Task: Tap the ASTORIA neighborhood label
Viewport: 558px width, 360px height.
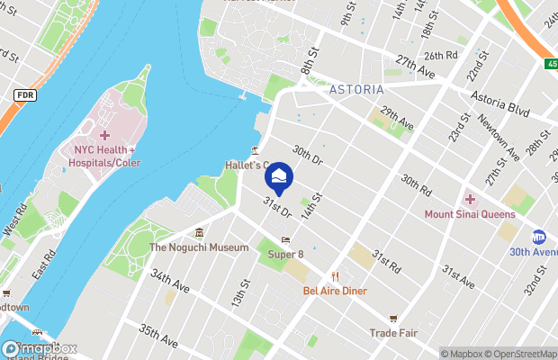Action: pyautogui.click(x=356, y=90)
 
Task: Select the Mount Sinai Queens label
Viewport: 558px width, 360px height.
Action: pyautogui.click(x=471, y=214)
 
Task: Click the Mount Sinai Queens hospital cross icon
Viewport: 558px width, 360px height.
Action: pyautogui.click(x=469, y=199)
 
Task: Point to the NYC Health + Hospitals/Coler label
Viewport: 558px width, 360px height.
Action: pyautogui.click(x=107, y=156)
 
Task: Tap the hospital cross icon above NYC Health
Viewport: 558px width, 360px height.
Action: pyautogui.click(x=104, y=134)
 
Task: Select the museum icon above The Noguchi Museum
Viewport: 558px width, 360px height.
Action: pyautogui.click(x=200, y=233)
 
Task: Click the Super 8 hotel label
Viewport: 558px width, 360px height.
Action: pyautogui.click(x=286, y=255)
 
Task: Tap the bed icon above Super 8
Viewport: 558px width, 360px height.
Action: pyautogui.click(x=285, y=240)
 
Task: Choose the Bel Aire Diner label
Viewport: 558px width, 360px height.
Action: pyautogui.click(x=335, y=291)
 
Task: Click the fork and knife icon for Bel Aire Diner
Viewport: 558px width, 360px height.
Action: pyautogui.click(x=335, y=276)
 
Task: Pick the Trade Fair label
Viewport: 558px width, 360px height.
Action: pyautogui.click(x=393, y=332)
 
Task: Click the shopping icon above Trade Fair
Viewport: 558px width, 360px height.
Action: pyautogui.click(x=393, y=318)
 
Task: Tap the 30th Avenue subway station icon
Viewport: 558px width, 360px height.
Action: pyautogui.click(x=539, y=237)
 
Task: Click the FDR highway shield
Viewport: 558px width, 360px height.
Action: pyautogui.click(x=25, y=94)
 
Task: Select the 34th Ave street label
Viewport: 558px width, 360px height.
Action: pyautogui.click(x=171, y=282)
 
